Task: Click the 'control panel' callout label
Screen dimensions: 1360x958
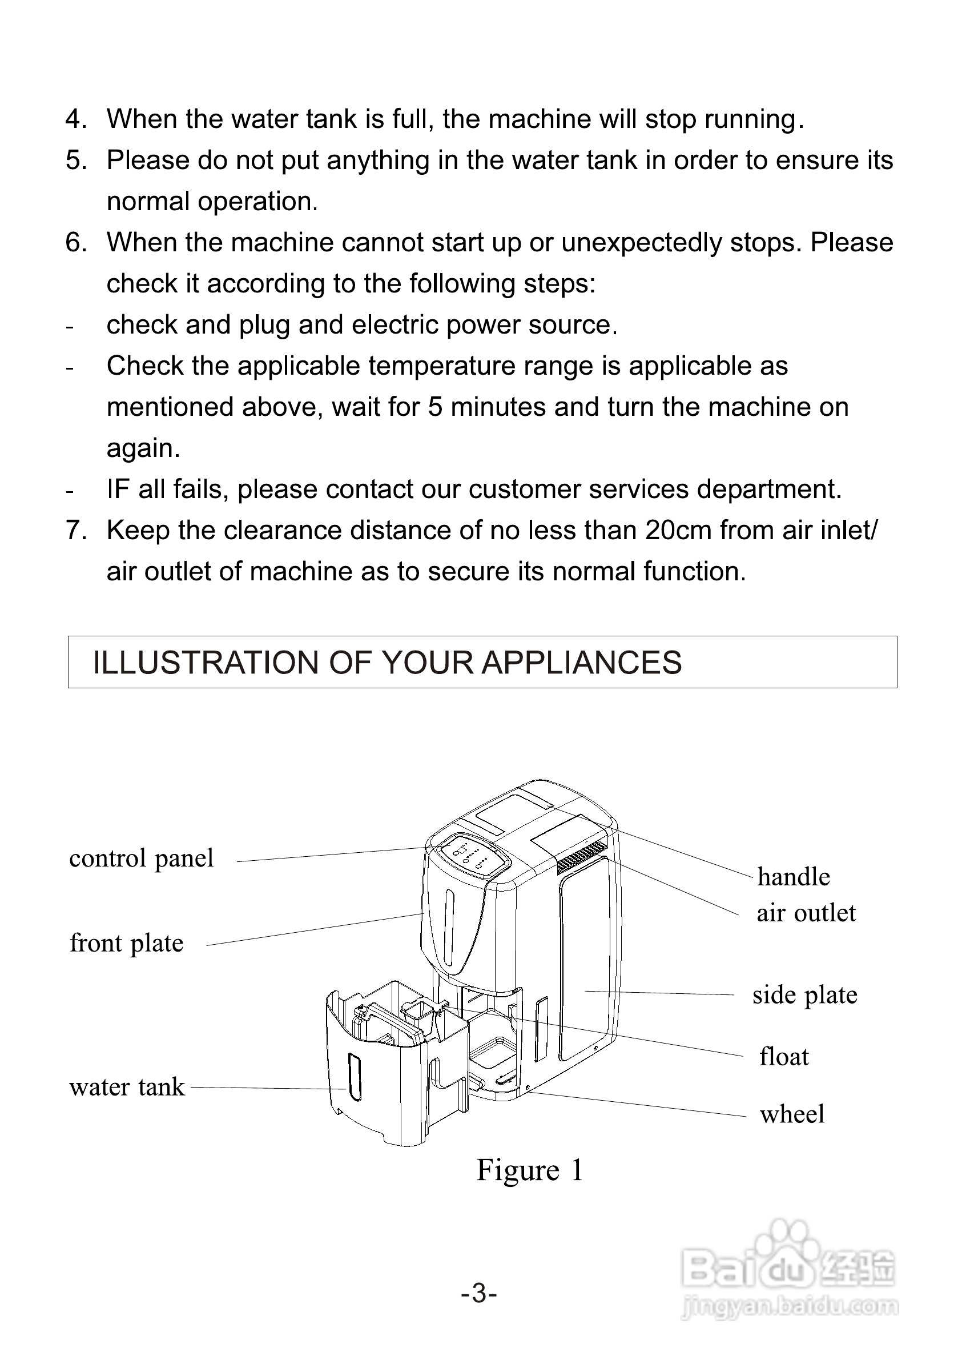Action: (x=142, y=858)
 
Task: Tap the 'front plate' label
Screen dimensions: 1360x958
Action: (x=127, y=943)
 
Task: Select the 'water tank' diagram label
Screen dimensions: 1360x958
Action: (x=127, y=1087)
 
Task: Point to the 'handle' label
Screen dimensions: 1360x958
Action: (x=794, y=877)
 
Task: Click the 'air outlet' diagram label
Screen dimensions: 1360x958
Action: (x=806, y=913)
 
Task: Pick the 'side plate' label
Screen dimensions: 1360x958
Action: (x=804, y=994)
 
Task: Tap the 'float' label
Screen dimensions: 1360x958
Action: (x=784, y=1057)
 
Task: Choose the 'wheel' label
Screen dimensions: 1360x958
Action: (x=792, y=1114)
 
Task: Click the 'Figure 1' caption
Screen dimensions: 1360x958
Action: (x=530, y=1170)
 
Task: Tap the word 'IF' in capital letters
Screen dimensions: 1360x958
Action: (x=118, y=490)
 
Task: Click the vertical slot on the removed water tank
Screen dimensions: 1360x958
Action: (x=354, y=1077)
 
